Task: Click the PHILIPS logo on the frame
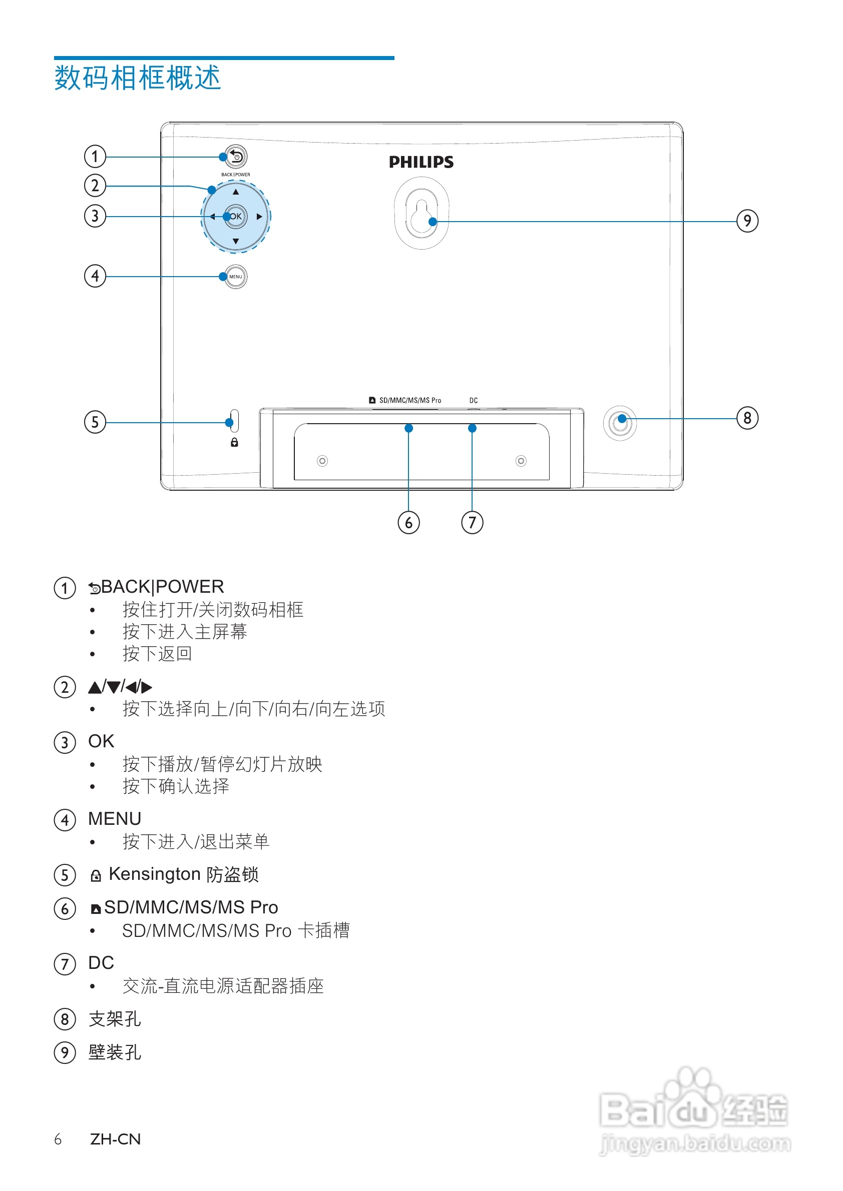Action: [421, 163]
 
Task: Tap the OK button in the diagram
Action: [236, 216]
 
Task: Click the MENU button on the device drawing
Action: [236, 277]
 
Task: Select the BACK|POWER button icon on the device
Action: [236, 156]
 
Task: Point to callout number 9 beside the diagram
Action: [747, 221]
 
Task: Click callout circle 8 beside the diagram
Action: [747, 418]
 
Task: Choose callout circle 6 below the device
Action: [408, 522]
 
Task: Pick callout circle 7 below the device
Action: [472, 522]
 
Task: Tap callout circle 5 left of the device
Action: [95, 422]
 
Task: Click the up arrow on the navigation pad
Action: [236, 192]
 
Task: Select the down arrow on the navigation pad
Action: [236, 241]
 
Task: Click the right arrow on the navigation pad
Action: [259, 217]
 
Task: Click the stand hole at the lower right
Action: [620, 423]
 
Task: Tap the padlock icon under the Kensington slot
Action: [234, 443]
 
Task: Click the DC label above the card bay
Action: [474, 401]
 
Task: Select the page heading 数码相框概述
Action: [138, 79]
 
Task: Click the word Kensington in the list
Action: [154, 874]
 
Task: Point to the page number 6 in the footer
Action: [58, 1139]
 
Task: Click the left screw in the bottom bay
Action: [322, 461]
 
